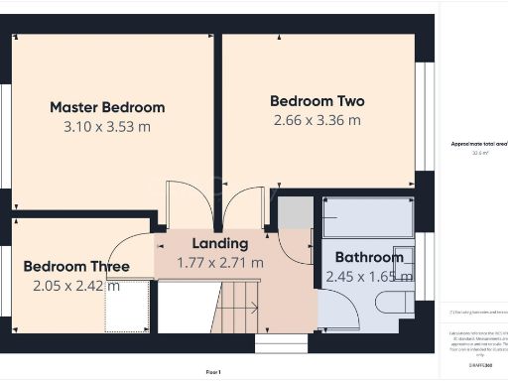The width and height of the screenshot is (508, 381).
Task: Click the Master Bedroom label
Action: (107, 107)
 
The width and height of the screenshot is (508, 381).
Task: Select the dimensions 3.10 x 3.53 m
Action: (107, 126)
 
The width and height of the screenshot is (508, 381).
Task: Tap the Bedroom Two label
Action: (317, 101)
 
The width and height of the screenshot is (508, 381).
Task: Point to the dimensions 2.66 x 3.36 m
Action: (317, 120)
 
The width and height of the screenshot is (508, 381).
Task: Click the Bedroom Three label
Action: (76, 267)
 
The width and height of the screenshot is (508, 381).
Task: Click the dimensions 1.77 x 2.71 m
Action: (220, 263)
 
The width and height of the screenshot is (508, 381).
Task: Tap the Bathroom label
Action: (369, 257)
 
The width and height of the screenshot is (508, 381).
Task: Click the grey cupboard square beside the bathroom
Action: (293, 214)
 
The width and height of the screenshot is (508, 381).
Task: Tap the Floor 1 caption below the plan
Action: (213, 371)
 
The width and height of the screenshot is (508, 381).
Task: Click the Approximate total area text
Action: (478, 145)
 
